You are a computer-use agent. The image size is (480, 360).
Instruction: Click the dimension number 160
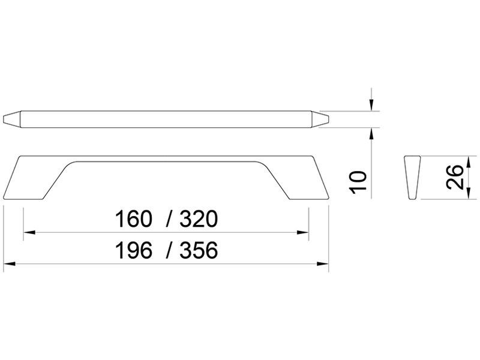[133, 219]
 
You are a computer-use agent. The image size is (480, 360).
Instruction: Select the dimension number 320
[199, 219]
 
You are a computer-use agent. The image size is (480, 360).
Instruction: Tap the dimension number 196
[133, 250]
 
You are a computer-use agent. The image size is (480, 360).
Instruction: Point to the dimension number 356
[199, 250]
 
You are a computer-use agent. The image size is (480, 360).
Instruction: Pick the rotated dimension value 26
[455, 177]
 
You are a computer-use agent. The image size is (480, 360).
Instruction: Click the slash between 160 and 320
[169, 219]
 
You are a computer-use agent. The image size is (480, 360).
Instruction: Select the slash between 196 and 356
[169, 250]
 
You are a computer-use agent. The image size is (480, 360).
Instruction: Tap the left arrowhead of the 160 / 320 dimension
[29, 233]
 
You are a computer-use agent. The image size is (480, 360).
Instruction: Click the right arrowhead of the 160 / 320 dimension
[303, 233]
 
